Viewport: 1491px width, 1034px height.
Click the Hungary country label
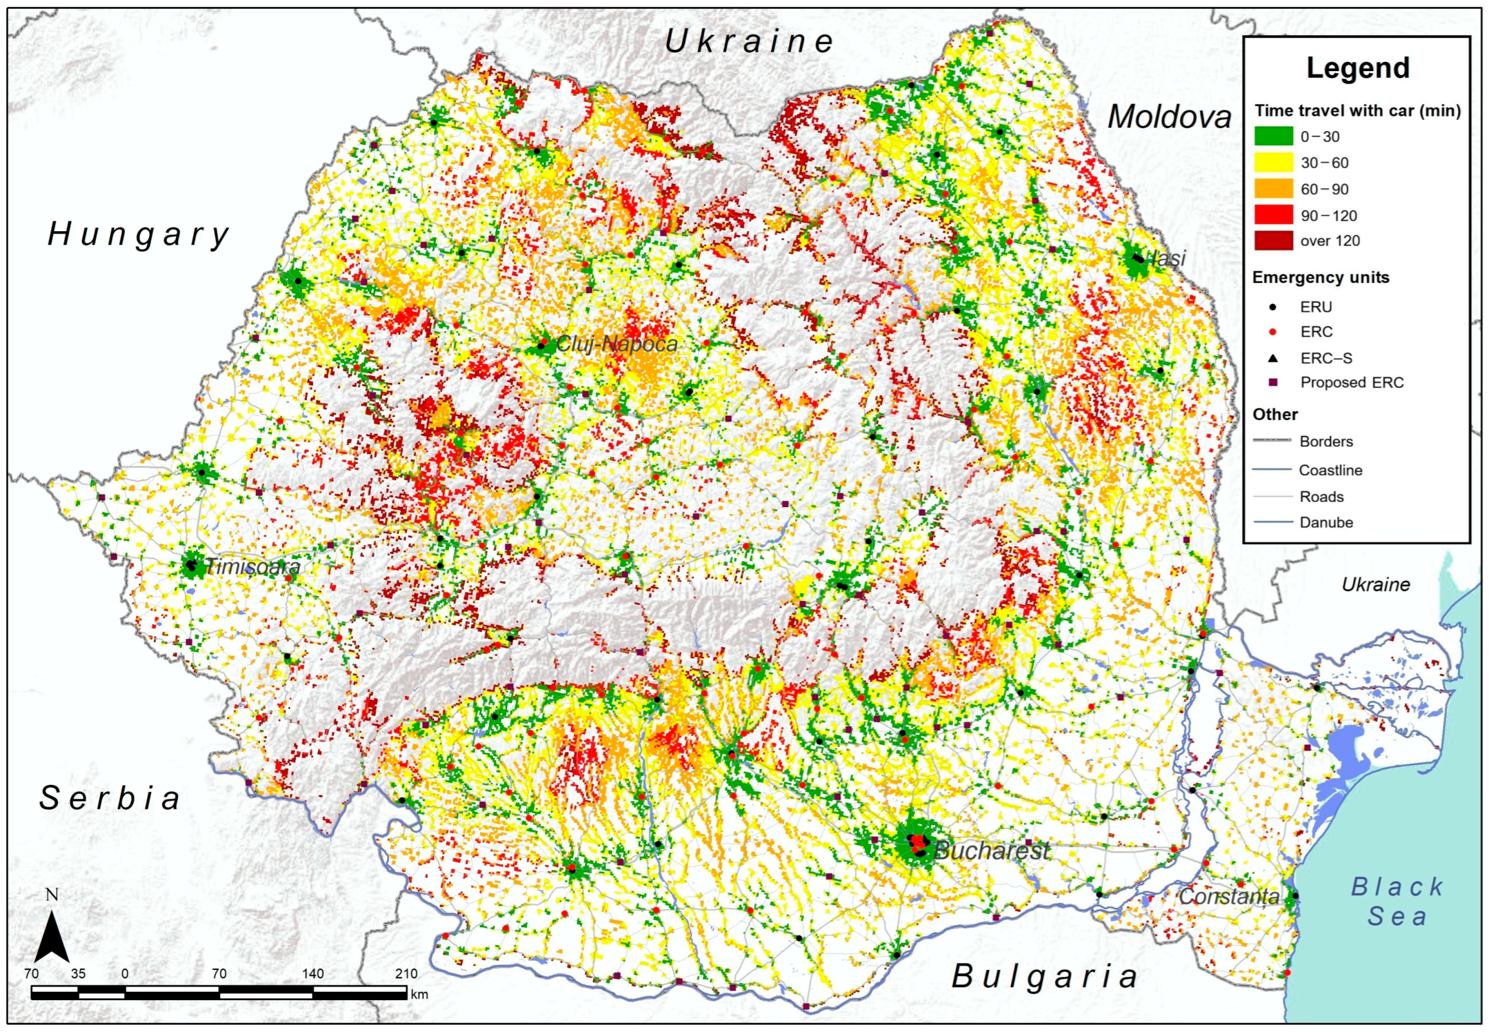coord(139,235)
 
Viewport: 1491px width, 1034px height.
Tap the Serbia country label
coord(110,798)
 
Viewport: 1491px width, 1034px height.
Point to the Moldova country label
coord(1169,117)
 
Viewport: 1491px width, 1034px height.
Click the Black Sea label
coord(1397,901)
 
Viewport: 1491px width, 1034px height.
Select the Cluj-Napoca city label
coord(617,344)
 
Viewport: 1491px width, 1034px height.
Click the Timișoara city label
coord(253,568)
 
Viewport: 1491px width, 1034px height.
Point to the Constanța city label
coord(1229,897)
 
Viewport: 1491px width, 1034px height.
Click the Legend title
coord(1358,68)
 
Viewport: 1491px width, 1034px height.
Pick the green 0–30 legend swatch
coord(1273,136)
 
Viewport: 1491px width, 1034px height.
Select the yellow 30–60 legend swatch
coord(1273,163)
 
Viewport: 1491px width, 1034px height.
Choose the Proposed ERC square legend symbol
coord(1273,383)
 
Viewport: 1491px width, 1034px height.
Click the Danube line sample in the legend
coord(1272,522)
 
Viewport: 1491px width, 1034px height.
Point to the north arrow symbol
coord(52,937)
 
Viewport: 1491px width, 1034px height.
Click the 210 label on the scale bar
coord(406,974)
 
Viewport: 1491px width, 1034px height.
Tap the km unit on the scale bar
coord(419,995)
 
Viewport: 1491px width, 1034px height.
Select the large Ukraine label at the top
coord(749,42)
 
